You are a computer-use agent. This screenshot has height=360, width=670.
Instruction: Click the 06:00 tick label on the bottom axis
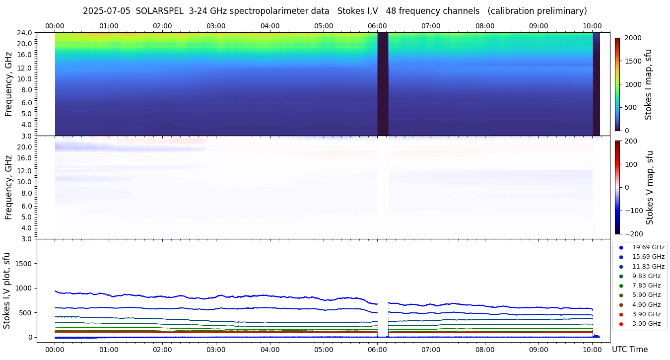point(377,349)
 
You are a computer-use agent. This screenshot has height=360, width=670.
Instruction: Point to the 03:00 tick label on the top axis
point(216,26)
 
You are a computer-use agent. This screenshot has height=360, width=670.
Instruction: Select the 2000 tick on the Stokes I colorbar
point(633,38)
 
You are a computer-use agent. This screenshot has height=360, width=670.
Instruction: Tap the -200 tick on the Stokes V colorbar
point(633,233)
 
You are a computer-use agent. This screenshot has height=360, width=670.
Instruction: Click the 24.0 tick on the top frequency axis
point(26,33)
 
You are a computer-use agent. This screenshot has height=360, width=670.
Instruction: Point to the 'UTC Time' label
point(629,349)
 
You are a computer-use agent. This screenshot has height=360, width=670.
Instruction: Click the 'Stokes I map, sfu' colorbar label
point(648,84)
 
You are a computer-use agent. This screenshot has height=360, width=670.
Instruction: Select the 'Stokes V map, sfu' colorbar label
point(649,188)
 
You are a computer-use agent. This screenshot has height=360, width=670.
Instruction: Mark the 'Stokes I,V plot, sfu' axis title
point(7,290)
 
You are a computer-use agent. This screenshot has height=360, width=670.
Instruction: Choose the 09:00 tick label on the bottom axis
point(538,349)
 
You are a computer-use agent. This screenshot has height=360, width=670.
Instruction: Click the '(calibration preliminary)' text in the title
point(537,11)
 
